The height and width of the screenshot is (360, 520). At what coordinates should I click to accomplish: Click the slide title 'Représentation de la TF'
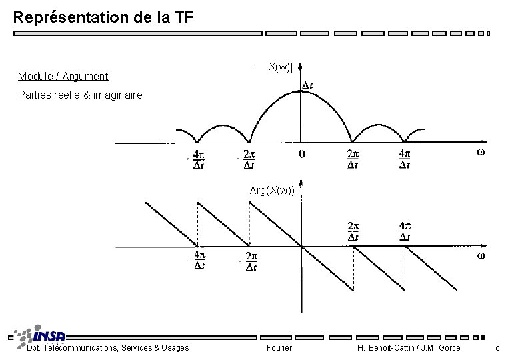click(x=103, y=17)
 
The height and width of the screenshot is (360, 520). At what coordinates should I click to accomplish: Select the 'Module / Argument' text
click(x=63, y=77)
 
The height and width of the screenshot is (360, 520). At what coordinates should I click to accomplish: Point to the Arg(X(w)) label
click(x=272, y=191)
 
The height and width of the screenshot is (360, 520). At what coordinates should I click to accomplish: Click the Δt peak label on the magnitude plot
click(x=309, y=85)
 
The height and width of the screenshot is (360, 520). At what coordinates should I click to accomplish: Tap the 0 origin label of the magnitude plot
click(x=301, y=154)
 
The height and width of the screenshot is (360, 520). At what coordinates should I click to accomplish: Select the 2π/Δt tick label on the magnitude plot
click(x=353, y=159)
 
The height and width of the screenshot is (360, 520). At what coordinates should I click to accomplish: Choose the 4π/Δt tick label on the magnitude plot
click(x=405, y=159)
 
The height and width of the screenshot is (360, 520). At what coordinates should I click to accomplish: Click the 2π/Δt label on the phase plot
click(x=353, y=231)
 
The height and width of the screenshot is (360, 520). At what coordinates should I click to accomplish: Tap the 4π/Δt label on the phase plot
click(x=405, y=231)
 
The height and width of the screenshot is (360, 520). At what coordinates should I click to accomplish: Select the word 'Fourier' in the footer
click(x=279, y=347)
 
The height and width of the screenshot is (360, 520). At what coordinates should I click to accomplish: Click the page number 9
click(x=497, y=348)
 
